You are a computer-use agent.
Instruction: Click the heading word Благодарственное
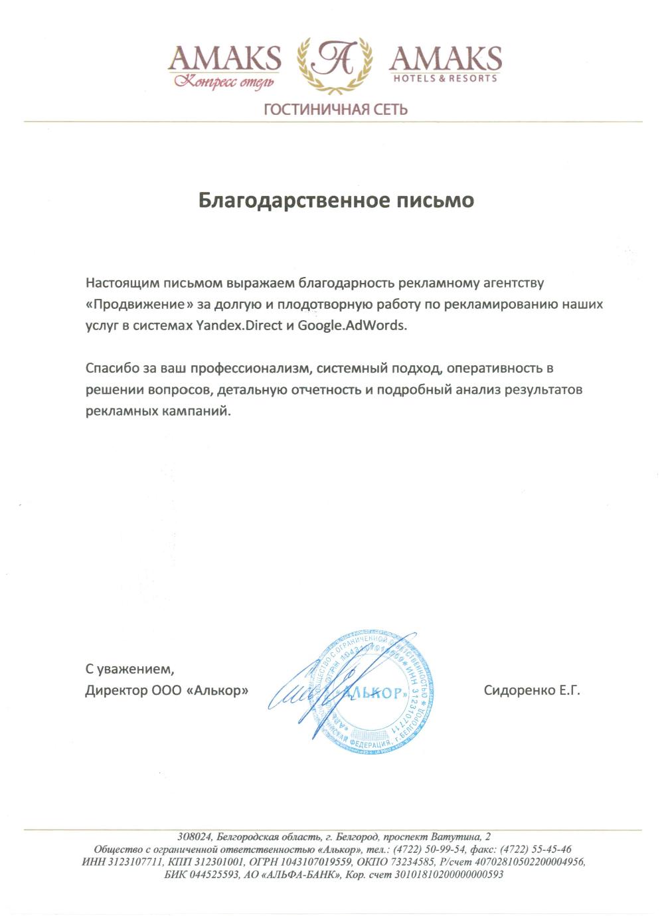[x=292, y=200]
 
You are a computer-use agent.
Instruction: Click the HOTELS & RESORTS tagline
[x=445, y=78]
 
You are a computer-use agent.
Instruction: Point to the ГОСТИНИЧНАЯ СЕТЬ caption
[x=335, y=108]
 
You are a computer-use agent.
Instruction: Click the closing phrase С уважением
[x=129, y=668]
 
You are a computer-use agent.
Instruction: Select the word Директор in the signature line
[x=112, y=691]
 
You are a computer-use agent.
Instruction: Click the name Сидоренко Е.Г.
[x=532, y=691]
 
